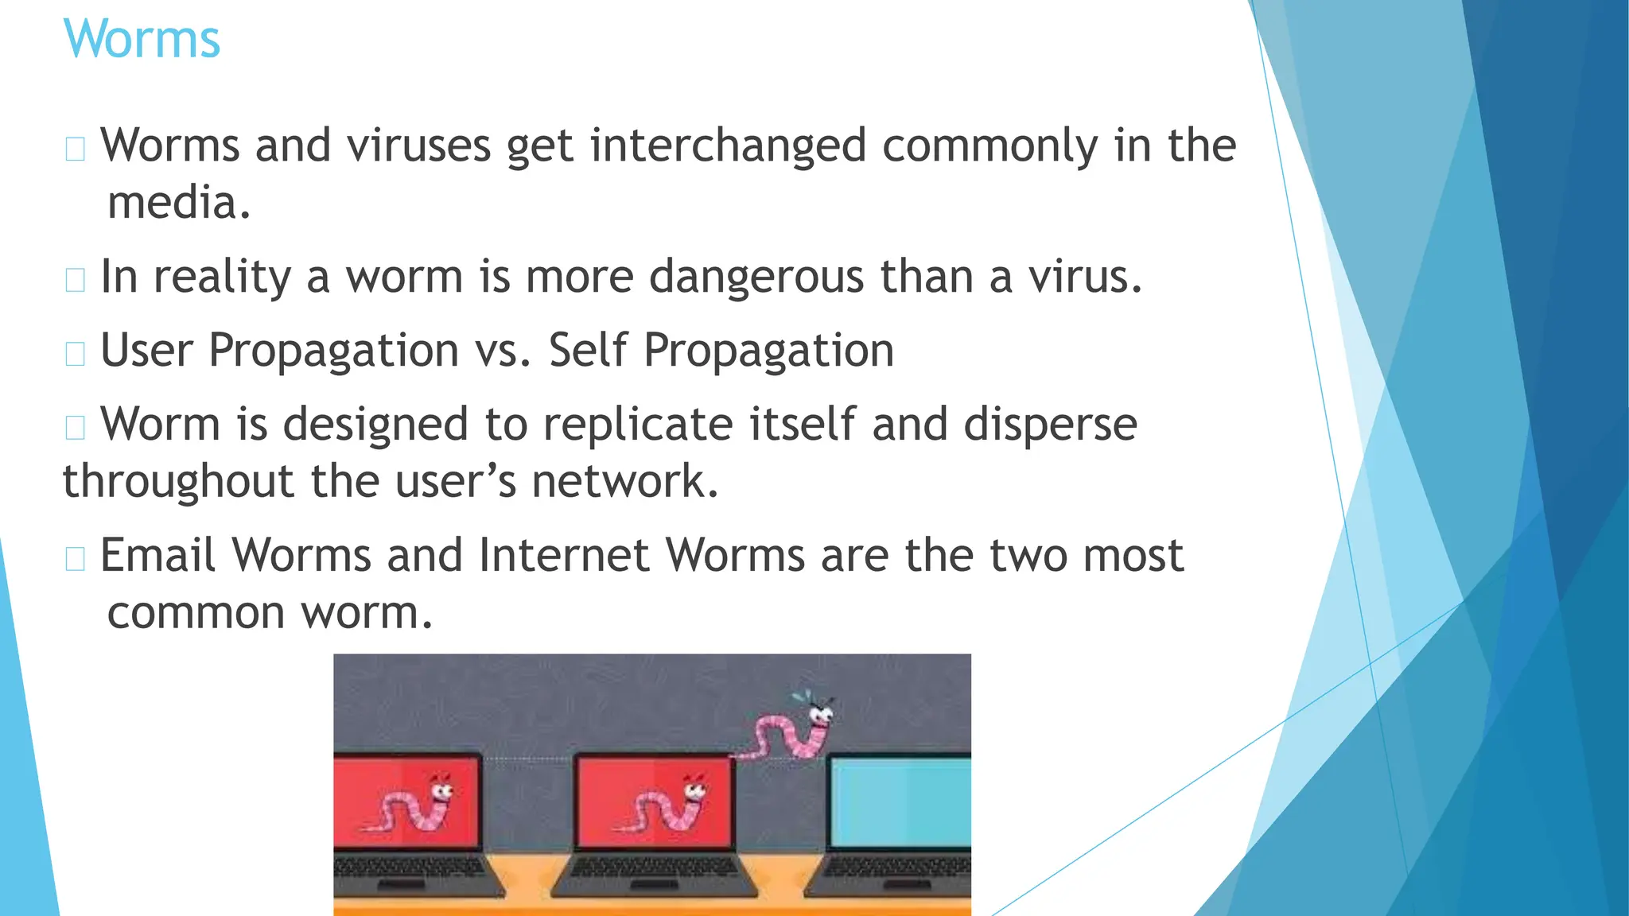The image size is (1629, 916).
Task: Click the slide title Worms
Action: (x=142, y=39)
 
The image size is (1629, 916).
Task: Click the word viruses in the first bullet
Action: (x=418, y=146)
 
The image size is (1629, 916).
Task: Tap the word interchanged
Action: (x=728, y=146)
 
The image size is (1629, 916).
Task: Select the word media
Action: (x=179, y=203)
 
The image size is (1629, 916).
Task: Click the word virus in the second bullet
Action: (x=1085, y=277)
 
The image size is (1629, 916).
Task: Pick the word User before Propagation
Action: (x=146, y=351)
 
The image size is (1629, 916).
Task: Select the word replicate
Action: (x=638, y=424)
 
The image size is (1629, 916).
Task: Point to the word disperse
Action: (x=1050, y=424)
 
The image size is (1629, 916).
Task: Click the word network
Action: (x=624, y=482)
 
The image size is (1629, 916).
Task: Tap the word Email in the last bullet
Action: (x=157, y=555)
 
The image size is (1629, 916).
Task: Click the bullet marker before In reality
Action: (x=76, y=280)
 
